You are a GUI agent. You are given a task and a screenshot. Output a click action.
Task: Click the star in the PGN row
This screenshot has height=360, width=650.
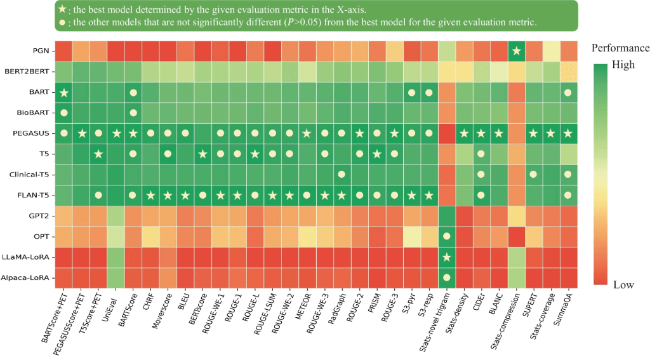[x=517, y=51]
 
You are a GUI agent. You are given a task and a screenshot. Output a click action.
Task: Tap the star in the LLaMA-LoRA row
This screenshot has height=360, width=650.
[x=447, y=257]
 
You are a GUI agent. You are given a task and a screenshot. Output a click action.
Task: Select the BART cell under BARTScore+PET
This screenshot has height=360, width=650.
[x=63, y=93]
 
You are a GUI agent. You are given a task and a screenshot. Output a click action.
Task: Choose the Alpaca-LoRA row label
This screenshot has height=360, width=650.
[x=27, y=277]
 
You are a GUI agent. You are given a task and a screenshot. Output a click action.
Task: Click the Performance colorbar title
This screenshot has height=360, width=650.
[x=620, y=48]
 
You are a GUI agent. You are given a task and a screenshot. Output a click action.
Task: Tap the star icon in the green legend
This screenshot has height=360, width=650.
[x=62, y=9]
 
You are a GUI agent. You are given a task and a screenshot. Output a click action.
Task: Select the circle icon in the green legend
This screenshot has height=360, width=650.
[x=62, y=22]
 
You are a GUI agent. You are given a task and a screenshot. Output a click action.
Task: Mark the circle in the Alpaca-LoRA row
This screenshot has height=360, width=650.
[x=447, y=277]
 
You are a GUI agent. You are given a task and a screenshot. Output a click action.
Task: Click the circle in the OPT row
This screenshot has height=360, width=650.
[x=447, y=237]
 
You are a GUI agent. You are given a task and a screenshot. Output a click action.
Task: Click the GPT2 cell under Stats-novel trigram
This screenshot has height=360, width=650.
[x=447, y=216]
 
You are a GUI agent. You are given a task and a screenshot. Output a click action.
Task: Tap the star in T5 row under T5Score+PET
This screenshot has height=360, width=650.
[x=98, y=154]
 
